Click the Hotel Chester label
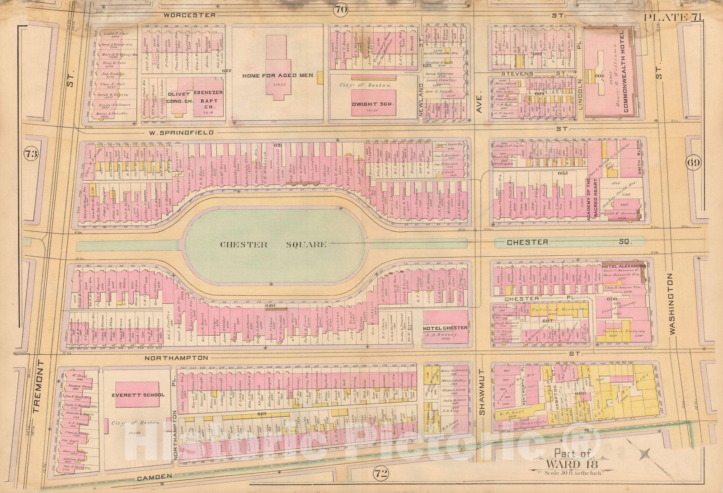445,327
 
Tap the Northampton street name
177,357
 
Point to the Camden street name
159,476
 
